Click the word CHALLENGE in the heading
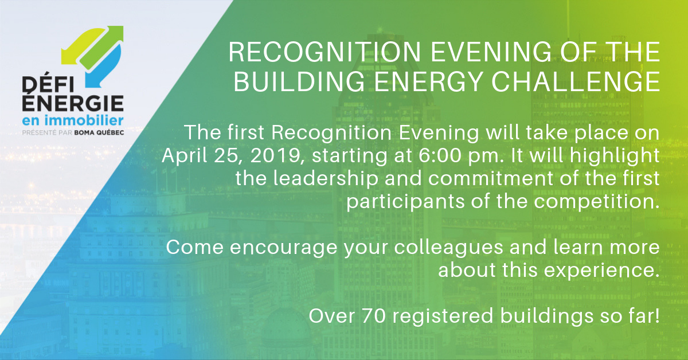pos(576,81)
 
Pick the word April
pos(185,156)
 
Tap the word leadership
pos(325,179)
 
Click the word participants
pos(405,202)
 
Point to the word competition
pos(596,202)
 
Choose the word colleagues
pos(448,248)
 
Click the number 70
pos(374,316)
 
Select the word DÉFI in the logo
pos(48,83)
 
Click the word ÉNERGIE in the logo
pos(73,101)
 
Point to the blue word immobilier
pos(84,120)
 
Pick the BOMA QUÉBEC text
pos(99,132)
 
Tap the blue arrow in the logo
pos(104,68)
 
